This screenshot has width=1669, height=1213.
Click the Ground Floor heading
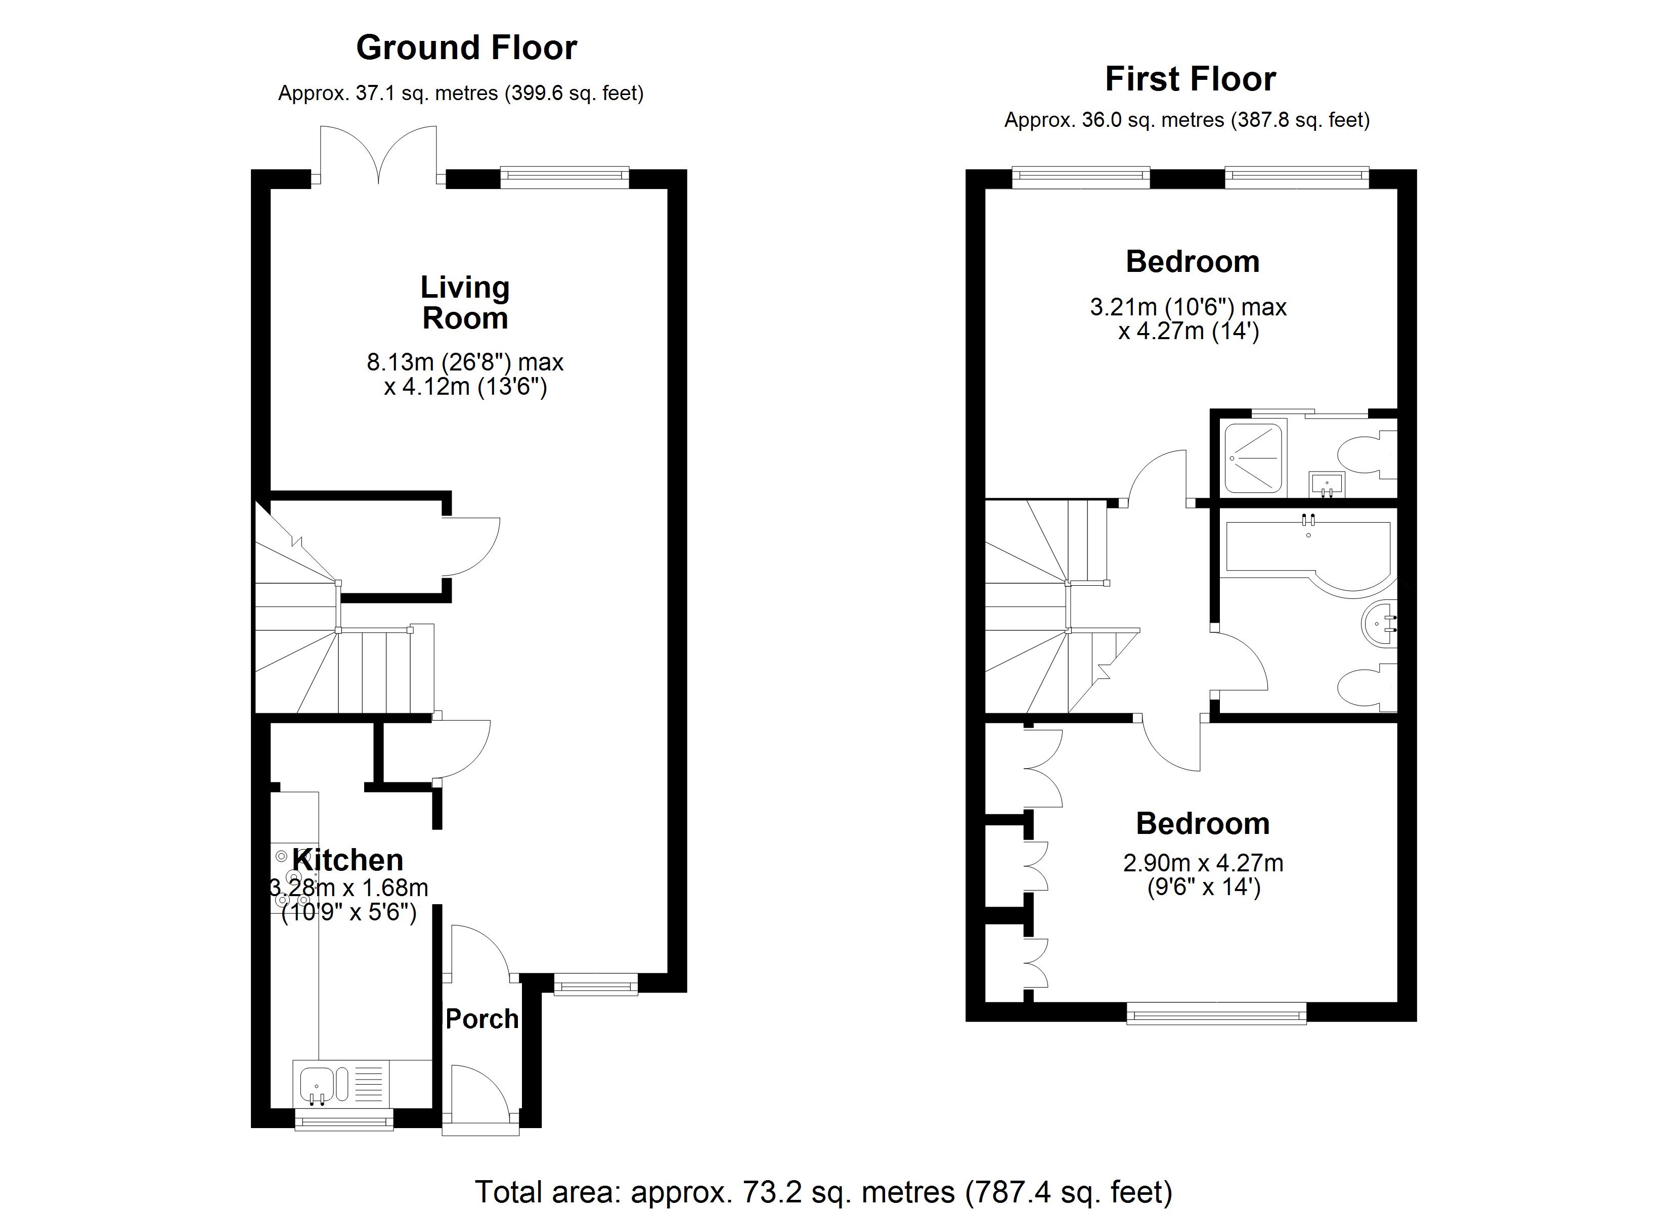coord(466,48)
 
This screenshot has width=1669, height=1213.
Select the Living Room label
coord(465,302)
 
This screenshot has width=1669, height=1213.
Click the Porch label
coord(482,1019)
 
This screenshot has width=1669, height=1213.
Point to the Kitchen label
coord(347,859)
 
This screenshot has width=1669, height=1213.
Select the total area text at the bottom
coord(823,1192)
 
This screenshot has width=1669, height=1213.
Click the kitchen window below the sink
coord(343,1121)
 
